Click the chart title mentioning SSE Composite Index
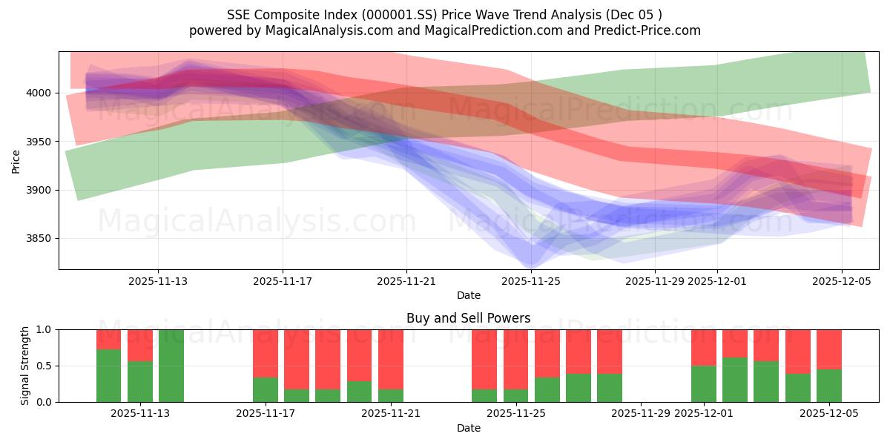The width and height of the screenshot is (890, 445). click(x=444, y=14)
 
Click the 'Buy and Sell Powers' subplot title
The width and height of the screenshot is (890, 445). click(x=468, y=318)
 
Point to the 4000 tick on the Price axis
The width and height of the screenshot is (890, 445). click(x=41, y=93)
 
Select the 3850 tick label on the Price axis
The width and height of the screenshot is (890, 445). click(x=41, y=238)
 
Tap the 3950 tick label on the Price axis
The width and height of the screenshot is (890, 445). click(x=41, y=141)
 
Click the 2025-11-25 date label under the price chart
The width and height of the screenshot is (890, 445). click(x=531, y=281)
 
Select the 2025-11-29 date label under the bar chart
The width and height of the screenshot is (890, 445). click(x=639, y=414)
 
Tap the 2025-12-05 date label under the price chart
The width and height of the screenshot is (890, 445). click(x=842, y=281)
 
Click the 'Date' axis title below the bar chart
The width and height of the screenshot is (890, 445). click(x=468, y=428)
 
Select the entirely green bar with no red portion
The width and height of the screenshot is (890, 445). click(x=171, y=366)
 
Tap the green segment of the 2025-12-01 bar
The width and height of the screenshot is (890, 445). click(x=704, y=384)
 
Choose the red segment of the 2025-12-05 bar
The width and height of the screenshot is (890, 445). click(x=829, y=349)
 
